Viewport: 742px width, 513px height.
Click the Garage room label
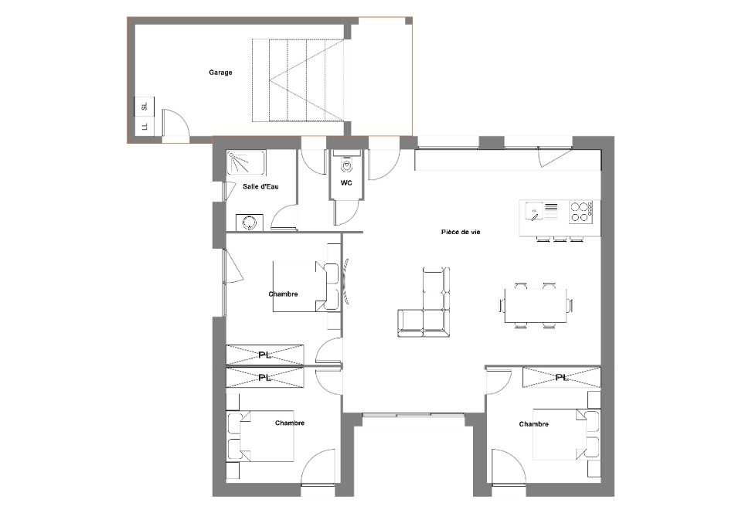pos(220,73)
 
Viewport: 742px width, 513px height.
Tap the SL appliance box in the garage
pos(145,106)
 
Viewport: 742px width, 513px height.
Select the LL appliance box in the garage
pos(145,126)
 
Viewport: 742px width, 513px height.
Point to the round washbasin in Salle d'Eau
pos(249,223)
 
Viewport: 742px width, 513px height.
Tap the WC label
pos(346,183)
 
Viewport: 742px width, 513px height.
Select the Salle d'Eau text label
pos(260,186)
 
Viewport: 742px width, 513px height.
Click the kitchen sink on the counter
pos(534,211)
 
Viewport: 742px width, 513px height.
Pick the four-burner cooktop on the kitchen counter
pos(581,212)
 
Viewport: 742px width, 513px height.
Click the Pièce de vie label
pos(461,232)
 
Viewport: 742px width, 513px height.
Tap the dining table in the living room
pos(536,305)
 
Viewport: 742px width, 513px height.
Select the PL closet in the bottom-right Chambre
pos(562,377)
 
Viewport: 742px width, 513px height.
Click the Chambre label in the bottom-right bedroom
pos(534,424)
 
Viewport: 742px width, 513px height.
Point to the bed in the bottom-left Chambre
pos(260,436)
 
